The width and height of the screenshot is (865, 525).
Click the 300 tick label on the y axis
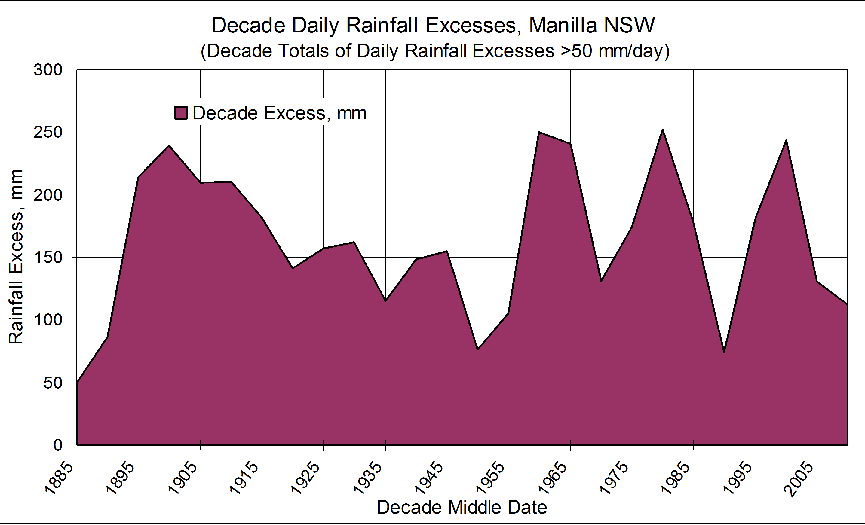coord(48,70)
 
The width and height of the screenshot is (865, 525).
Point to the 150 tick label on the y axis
coord(48,258)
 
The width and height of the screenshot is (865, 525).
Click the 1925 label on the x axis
coord(305,479)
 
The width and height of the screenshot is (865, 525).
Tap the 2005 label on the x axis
coord(799,479)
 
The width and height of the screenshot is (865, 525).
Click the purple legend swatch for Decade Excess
coord(181,113)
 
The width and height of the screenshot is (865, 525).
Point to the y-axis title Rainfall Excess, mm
coord(16,257)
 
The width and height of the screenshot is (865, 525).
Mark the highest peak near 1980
coord(662,130)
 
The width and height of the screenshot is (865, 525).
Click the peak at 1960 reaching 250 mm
coord(539,132)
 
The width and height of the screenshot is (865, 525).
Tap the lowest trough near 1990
coord(724,352)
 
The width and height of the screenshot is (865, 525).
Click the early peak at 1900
coord(169,146)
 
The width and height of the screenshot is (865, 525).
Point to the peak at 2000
coord(786,140)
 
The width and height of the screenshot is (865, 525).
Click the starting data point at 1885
coord(77,382)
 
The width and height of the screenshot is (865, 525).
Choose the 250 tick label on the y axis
coord(48,132)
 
